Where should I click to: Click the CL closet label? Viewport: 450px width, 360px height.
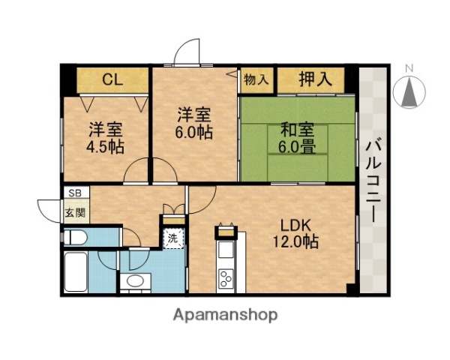pyautogui.click(x=112, y=79)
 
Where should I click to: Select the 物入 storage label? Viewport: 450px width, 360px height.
pyautogui.click(x=257, y=79)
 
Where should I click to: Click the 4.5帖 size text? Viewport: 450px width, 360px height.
pyautogui.click(x=104, y=145)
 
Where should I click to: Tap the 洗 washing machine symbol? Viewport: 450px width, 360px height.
pyautogui.click(x=173, y=239)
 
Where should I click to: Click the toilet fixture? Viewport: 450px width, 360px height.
pyautogui.click(x=75, y=238)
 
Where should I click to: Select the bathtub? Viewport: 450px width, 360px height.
pyautogui.click(x=76, y=271)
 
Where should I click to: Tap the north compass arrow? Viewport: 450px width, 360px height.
pyautogui.click(x=409, y=94)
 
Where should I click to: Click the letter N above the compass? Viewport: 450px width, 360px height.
pyautogui.click(x=409, y=69)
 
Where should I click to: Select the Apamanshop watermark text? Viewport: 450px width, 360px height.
pyautogui.click(x=226, y=314)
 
